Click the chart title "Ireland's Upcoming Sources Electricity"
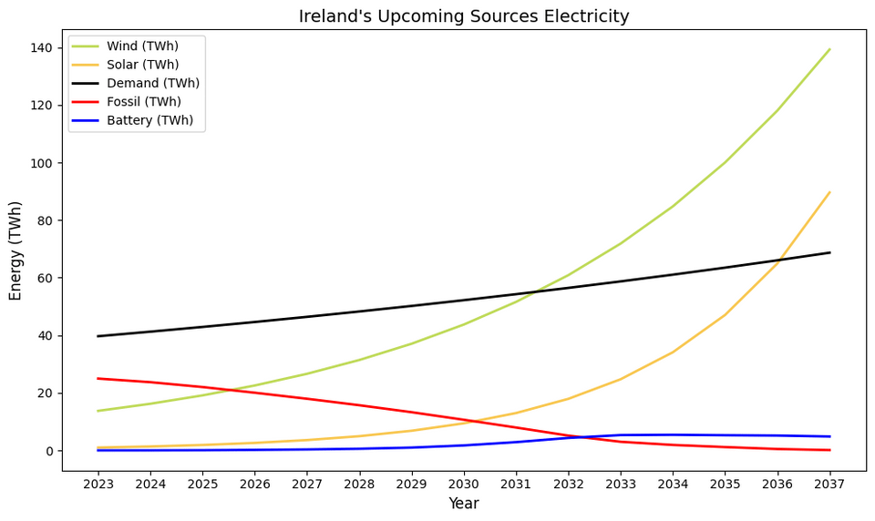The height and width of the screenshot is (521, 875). [464, 16]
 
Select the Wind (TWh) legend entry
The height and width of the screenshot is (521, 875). [141, 46]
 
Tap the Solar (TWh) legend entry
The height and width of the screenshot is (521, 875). [141, 65]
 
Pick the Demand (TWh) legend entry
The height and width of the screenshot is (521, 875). [152, 84]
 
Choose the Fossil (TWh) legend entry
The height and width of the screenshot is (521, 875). [143, 102]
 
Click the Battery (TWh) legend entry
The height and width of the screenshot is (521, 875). [149, 120]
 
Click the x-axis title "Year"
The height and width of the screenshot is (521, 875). [464, 504]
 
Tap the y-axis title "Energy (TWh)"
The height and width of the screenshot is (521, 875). [15, 250]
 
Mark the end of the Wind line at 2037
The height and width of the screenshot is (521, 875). [829, 49]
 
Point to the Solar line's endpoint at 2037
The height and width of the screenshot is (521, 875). [829, 192]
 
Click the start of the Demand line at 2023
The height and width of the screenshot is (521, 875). [98, 336]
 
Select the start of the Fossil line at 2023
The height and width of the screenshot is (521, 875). [98, 378]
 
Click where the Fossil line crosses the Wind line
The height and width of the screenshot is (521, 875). [235, 390]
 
